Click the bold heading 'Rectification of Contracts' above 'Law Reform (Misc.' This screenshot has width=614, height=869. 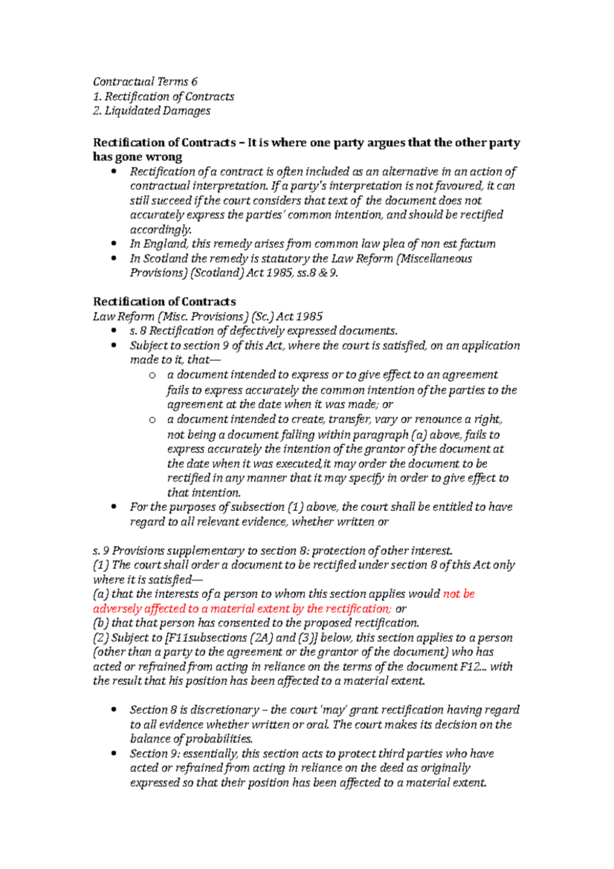tap(164, 302)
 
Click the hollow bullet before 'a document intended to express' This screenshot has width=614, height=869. tap(152, 376)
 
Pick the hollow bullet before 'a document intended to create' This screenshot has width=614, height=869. tap(152, 421)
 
